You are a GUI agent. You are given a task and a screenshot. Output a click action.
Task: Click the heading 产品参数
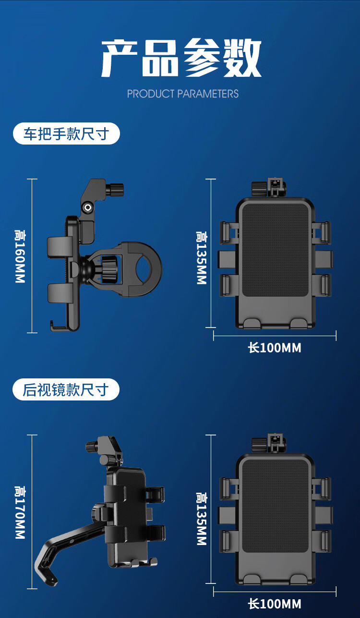(x=181, y=58)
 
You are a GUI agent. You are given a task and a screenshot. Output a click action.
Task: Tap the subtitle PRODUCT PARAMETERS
(x=182, y=94)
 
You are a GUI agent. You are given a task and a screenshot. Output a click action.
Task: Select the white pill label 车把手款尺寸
(x=67, y=133)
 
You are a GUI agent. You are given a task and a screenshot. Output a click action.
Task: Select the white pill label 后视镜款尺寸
(x=66, y=389)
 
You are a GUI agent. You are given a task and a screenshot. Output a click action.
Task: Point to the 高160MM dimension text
(x=20, y=256)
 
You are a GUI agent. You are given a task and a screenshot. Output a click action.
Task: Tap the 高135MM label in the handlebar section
(x=202, y=258)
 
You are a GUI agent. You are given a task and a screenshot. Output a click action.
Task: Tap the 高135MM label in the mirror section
(x=202, y=519)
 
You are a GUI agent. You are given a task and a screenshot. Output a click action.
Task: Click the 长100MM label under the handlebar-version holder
(x=275, y=348)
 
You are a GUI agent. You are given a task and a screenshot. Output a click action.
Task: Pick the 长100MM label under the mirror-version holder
(x=275, y=604)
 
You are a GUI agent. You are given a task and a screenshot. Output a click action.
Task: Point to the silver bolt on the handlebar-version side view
(x=88, y=208)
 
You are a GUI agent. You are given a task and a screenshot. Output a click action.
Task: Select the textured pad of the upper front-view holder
(x=275, y=250)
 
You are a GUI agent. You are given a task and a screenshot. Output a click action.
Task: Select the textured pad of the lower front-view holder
(x=275, y=506)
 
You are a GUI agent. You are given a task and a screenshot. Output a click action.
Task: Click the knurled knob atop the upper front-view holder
(x=259, y=189)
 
